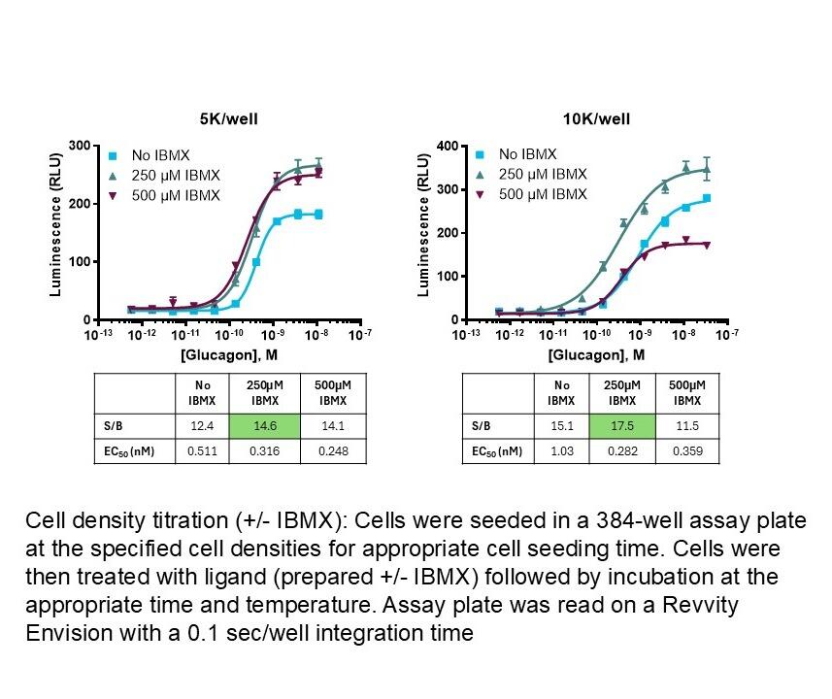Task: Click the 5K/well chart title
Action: click(230, 120)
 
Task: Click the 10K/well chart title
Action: click(596, 120)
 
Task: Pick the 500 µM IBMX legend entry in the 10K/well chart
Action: click(543, 194)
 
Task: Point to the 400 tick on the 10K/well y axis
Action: click(448, 146)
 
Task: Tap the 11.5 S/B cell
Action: click(686, 424)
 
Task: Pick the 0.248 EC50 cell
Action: click(332, 450)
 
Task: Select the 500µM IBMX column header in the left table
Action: click(332, 392)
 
